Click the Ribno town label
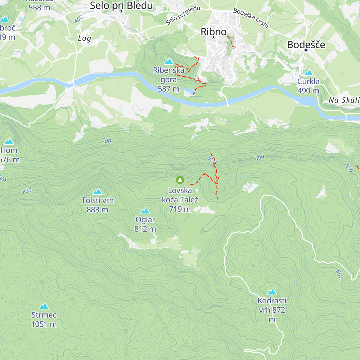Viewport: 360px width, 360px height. (x=214, y=31)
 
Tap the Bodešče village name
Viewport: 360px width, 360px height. (x=306, y=44)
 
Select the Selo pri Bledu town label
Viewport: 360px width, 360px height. (x=121, y=5)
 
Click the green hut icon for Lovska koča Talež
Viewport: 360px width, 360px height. (x=180, y=180)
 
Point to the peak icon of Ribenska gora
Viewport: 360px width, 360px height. (x=169, y=61)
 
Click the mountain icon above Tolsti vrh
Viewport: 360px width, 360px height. (x=97, y=191)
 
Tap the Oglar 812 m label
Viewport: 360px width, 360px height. (x=145, y=224)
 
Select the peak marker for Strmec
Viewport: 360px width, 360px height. (x=44, y=306)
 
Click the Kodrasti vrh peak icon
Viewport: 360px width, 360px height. (x=272, y=292)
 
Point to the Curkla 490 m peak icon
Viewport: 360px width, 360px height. (x=308, y=73)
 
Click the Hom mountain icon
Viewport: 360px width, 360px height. (x=9, y=141)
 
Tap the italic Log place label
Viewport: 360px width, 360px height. (x=84, y=38)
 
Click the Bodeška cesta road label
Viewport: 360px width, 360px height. (x=251, y=18)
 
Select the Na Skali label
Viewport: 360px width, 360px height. (x=344, y=100)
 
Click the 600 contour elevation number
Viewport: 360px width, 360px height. (x=260, y=157)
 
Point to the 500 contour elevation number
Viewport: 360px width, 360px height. (x=106, y=141)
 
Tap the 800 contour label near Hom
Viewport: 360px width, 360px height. (x=27, y=191)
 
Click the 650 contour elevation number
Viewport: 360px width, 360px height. (x=339, y=274)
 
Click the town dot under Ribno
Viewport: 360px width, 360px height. (x=214, y=37)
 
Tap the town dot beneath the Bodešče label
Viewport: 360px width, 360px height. (x=306, y=50)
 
